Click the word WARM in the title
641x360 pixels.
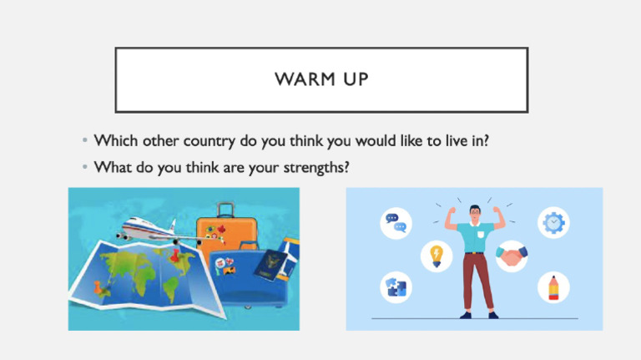pyautogui.click(x=303, y=80)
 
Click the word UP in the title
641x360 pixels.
pyautogui.click(x=351, y=80)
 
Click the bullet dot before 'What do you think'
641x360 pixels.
pyautogui.click(x=86, y=168)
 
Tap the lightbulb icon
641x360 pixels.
pyautogui.click(x=435, y=254)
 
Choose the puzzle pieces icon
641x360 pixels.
pyautogui.click(x=394, y=286)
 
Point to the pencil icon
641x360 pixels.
pyautogui.click(x=552, y=286)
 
